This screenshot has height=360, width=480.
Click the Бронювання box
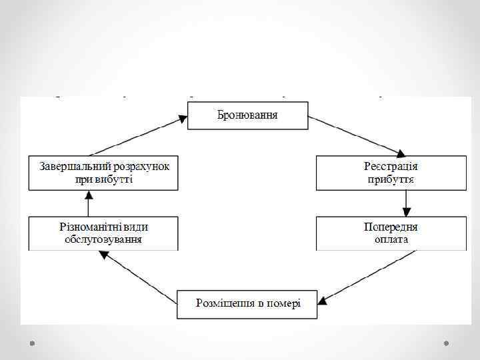pyautogui.click(x=247, y=115)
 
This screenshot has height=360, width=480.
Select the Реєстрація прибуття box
pyautogui.click(x=391, y=173)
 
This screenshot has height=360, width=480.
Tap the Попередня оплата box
pyautogui.click(x=391, y=233)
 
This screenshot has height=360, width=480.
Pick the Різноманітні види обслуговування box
pyautogui.click(x=103, y=233)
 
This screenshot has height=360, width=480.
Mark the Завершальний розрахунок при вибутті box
pyautogui.click(x=103, y=173)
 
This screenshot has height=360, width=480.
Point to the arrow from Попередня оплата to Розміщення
pyautogui.click(x=367, y=276)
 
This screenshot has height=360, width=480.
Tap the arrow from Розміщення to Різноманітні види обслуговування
pyautogui.click(x=136, y=276)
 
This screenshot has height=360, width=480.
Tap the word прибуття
pyautogui.click(x=391, y=179)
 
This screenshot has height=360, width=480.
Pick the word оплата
pyautogui.click(x=391, y=239)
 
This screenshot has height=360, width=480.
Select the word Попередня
pyautogui.click(x=391, y=226)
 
